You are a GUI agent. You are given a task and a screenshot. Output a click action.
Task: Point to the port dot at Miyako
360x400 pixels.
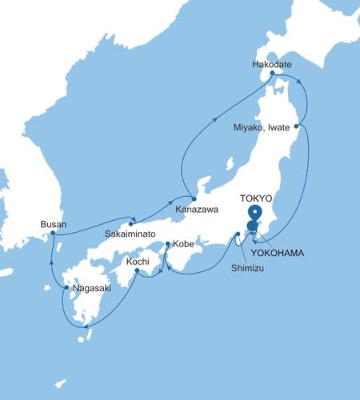[297, 126]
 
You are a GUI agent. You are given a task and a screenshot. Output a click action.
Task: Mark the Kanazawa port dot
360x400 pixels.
[193, 198]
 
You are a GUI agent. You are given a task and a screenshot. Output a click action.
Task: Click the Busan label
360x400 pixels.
[53, 224]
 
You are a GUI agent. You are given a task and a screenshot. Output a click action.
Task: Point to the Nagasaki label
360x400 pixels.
[90, 286]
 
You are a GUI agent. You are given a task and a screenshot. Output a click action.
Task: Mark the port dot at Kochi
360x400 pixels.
[138, 271]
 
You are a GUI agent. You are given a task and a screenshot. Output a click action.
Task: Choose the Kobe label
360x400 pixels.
[184, 244]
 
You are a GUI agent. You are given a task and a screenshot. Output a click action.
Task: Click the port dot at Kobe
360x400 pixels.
[166, 244]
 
